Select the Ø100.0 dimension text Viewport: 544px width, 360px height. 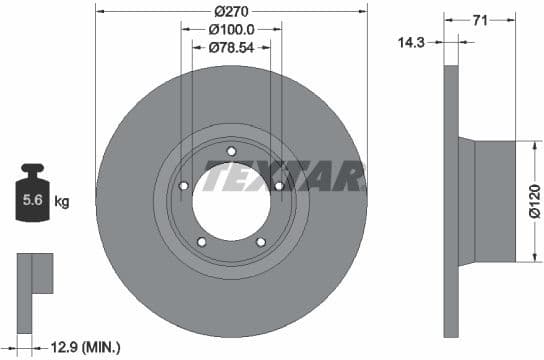(231, 30)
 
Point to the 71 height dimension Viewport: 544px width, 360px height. (480, 18)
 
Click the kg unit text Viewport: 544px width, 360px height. (63, 202)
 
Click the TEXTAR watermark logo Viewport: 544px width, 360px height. (283, 178)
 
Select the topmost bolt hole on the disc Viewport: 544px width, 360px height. (231, 152)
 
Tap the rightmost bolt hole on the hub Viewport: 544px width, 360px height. (278, 185)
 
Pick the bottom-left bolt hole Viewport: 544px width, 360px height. (201, 241)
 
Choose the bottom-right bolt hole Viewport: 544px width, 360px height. (260, 241)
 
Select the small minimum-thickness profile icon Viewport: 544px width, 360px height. (33, 275)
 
